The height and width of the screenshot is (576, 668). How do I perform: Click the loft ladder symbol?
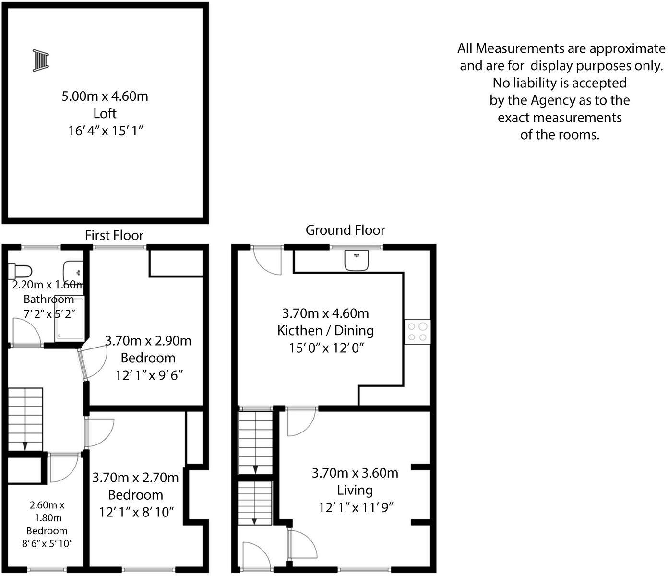(41, 60)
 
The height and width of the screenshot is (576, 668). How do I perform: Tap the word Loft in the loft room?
(105, 114)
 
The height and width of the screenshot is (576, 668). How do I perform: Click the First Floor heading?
(114, 235)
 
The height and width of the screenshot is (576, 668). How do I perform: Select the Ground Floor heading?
(345, 230)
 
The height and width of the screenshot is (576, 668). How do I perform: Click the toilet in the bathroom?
(20, 271)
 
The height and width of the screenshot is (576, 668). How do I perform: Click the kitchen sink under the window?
(356, 260)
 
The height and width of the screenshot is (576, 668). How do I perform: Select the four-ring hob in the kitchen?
(417, 332)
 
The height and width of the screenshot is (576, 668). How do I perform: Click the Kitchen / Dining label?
(325, 330)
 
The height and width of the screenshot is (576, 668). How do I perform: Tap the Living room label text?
(355, 490)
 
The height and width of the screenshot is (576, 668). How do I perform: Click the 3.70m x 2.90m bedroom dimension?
(148, 341)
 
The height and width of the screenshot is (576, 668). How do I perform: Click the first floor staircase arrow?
(24, 445)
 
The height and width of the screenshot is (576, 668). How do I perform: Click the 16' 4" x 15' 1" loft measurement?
(105, 131)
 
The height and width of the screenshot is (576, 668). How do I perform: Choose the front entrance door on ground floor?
(257, 557)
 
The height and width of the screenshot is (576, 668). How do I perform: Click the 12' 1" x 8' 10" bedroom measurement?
(136, 512)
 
